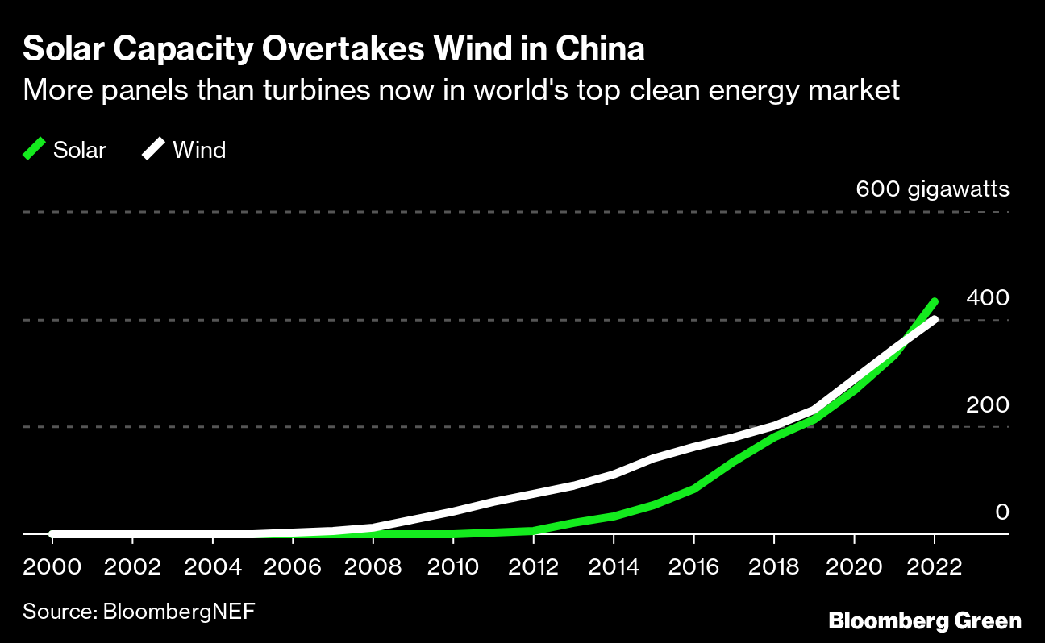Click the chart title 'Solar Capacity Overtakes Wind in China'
334,50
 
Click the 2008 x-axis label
373,566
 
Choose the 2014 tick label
614,566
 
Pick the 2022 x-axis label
934,566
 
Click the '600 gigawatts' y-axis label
932,190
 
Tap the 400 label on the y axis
987,298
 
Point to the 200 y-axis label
987,404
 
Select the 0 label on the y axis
1001,512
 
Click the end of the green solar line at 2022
935,302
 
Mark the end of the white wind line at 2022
935,320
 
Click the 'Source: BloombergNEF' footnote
139,611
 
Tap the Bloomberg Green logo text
925,621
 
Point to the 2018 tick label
774,566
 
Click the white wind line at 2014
614,474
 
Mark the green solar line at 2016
693,488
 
